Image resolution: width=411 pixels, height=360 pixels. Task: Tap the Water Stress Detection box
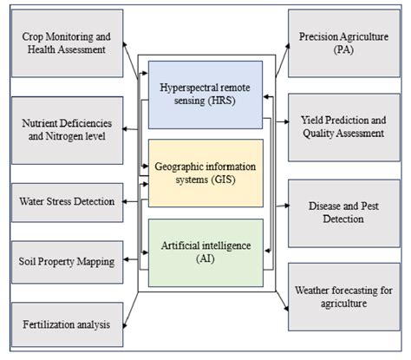67,201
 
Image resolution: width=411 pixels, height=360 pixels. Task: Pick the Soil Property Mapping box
67,259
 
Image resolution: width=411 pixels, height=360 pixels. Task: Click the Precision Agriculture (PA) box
344,44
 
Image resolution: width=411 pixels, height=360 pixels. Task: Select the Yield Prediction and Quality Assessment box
344,127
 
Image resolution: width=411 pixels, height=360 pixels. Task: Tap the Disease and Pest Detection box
344,213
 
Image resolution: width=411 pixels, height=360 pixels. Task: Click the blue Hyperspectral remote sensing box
205,95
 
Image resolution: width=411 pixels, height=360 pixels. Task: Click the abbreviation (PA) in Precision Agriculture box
344,51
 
